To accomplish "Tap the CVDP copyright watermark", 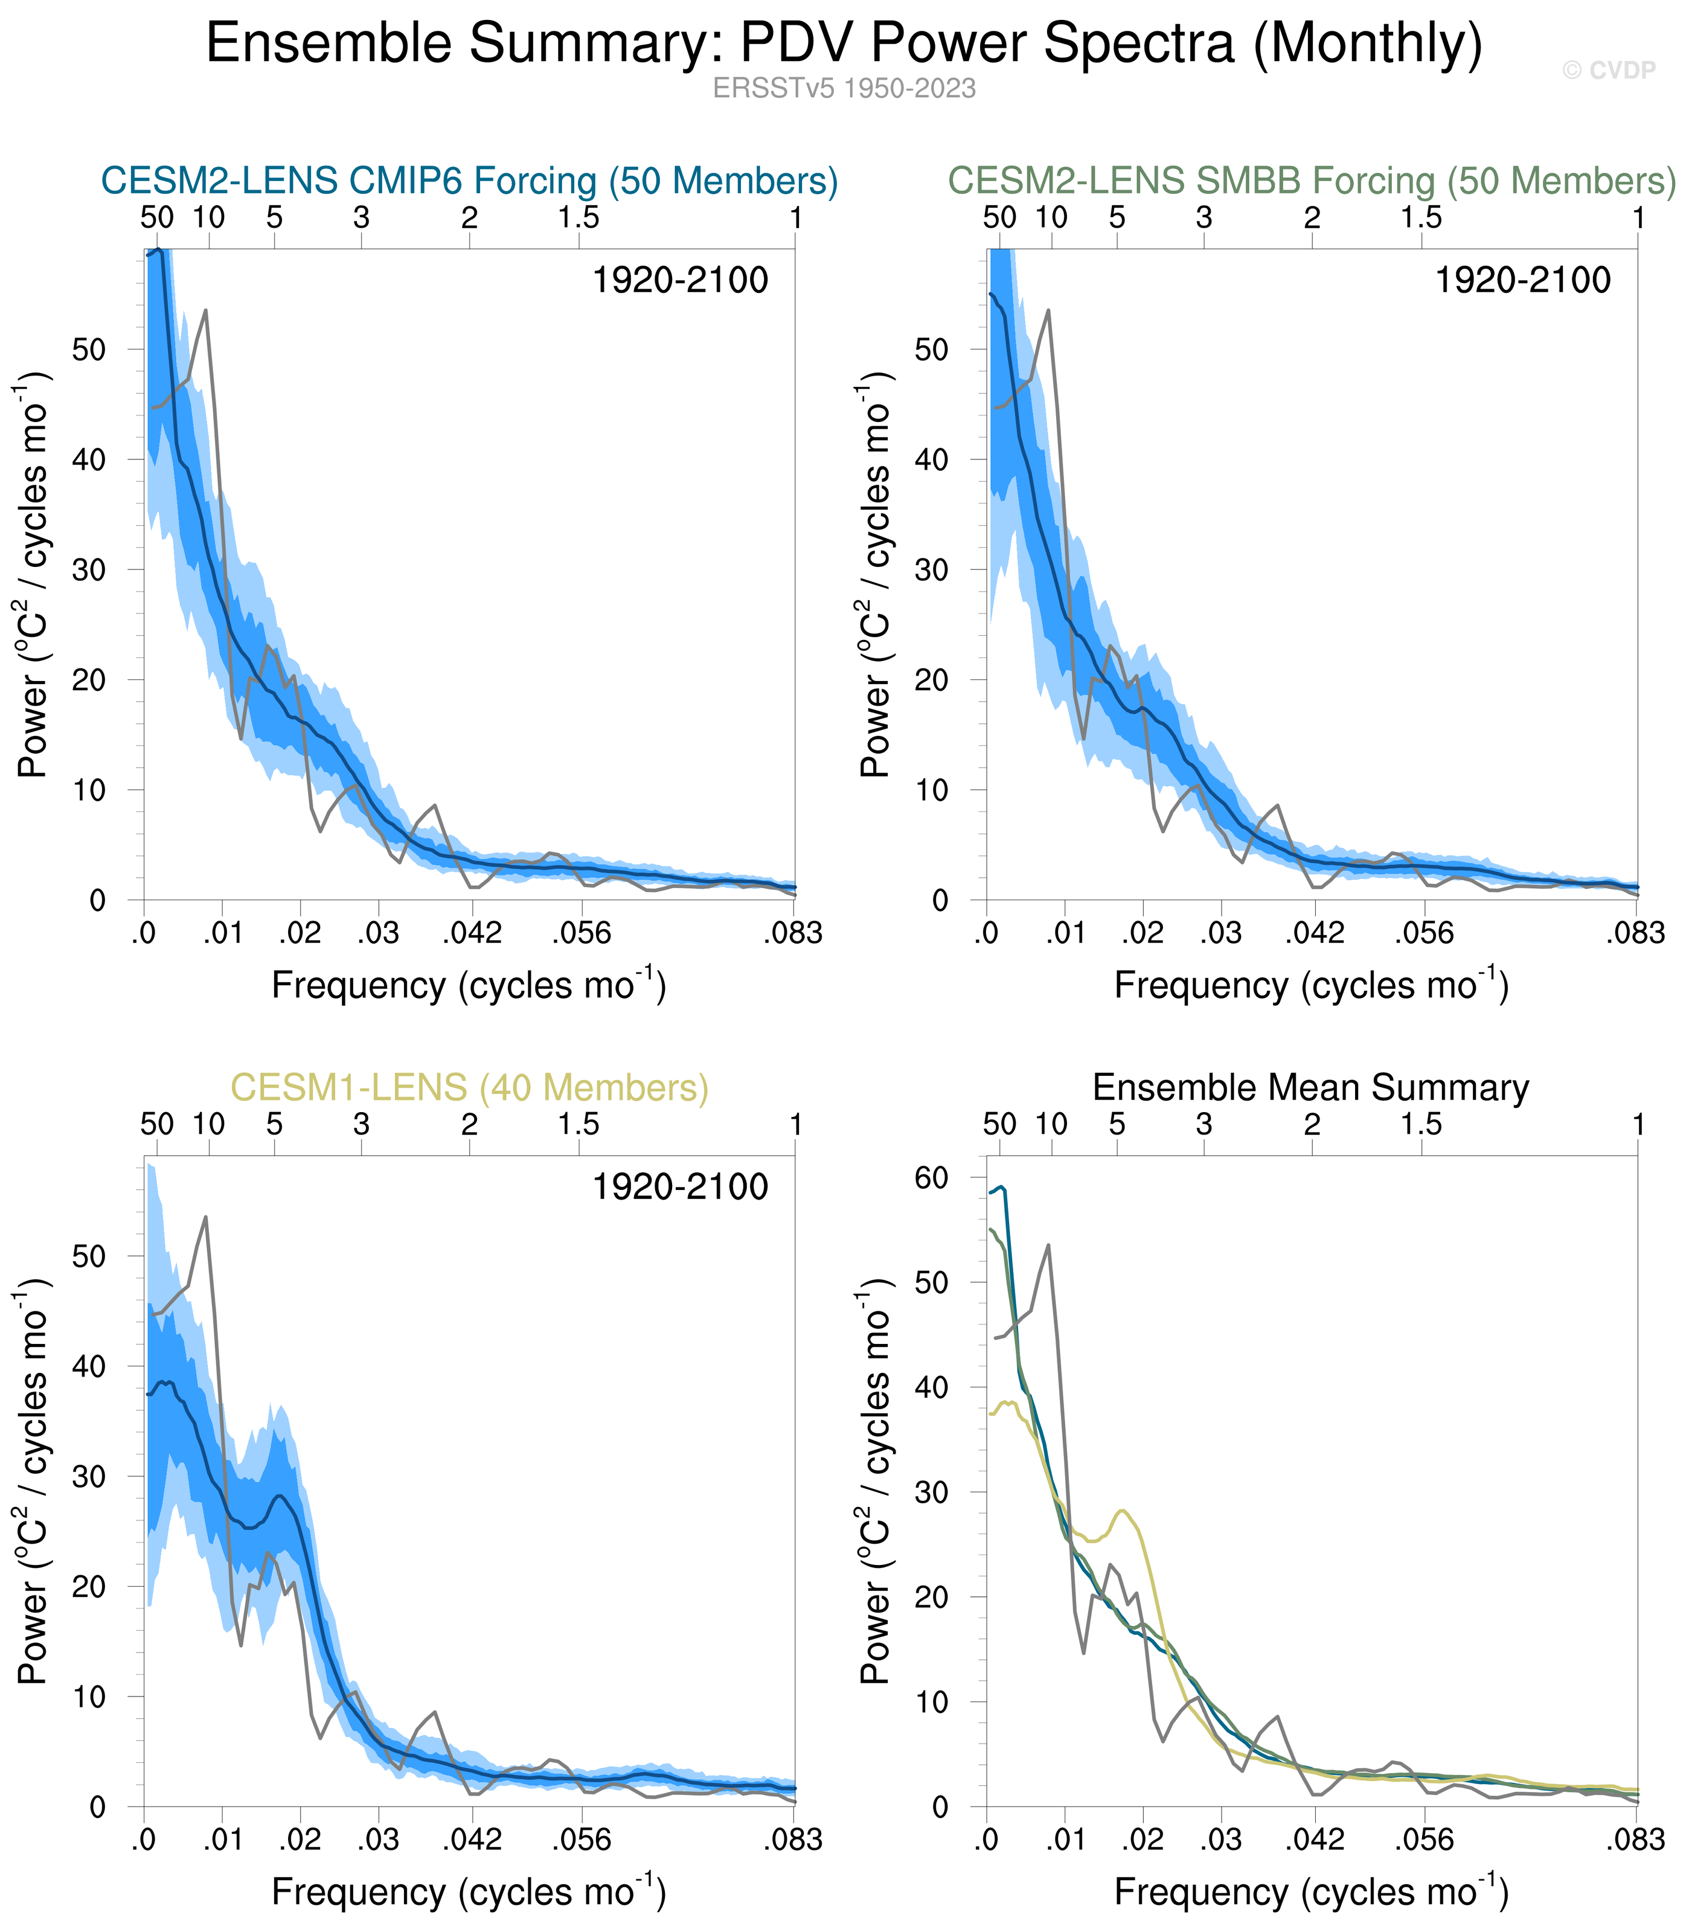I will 1608,71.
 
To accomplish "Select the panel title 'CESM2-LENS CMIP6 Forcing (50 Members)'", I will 469,181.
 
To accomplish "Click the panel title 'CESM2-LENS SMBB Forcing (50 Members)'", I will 1310,181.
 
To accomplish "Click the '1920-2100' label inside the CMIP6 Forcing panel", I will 679,280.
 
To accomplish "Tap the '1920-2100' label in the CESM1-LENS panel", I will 679,1187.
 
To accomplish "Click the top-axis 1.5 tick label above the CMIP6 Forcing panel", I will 578,218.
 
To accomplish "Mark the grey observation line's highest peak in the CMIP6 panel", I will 205,310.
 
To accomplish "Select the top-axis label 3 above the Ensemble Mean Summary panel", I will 1204,1125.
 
